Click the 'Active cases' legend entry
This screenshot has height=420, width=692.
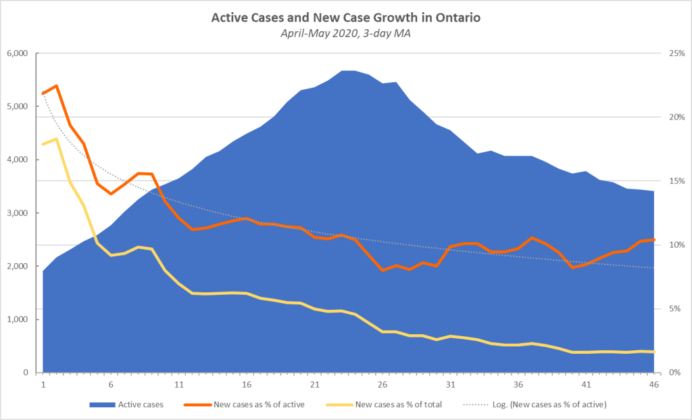tap(134, 405)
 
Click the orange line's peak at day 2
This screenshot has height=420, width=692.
tap(56, 86)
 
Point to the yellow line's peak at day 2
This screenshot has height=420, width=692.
tap(56, 139)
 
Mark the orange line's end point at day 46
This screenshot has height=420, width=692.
tap(653, 239)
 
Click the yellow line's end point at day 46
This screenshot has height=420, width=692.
tap(653, 352)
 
